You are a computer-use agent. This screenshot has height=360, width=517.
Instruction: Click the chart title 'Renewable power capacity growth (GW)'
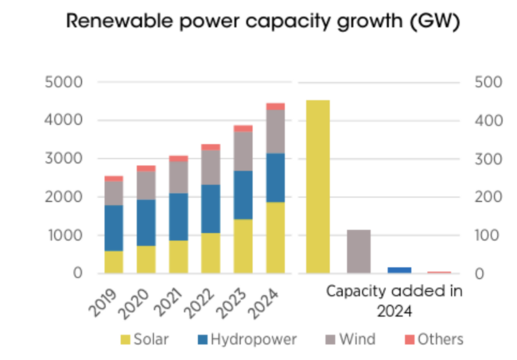point(258,21)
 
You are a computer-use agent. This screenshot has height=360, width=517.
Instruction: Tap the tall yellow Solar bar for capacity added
point(317,186)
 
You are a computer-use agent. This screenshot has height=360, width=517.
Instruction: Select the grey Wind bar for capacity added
point(359,251)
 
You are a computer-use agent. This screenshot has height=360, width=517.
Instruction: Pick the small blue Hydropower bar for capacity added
point(399,270)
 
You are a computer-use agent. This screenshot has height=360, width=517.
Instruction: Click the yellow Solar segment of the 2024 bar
point(275,238)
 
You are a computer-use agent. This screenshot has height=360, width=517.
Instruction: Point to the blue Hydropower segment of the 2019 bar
point(114,228)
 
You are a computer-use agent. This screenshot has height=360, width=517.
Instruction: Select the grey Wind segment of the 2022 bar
point(211,168)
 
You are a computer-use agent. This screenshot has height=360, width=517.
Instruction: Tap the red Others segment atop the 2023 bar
point(243,128)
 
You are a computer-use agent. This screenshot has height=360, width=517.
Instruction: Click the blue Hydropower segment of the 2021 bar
point(178,217)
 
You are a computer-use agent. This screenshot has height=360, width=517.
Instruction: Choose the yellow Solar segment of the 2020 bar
point(146,259)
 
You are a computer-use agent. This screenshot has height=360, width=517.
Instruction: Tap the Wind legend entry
point(349,339)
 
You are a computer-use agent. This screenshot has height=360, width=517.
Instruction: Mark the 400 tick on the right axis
point(485,120)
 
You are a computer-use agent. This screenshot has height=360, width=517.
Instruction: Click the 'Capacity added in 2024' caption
point(395,299)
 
